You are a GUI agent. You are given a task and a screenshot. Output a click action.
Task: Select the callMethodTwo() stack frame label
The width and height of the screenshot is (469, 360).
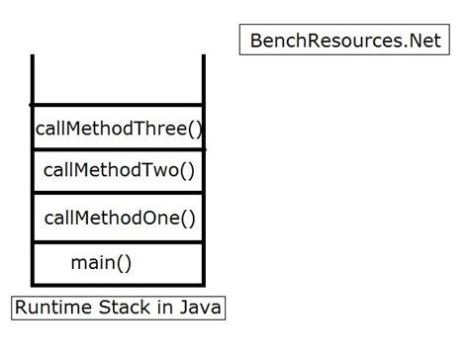pos(119,171)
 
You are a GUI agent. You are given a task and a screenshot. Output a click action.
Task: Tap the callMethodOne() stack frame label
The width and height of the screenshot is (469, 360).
pos(120,218)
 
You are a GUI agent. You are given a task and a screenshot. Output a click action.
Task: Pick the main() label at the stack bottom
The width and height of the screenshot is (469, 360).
pos(101,263)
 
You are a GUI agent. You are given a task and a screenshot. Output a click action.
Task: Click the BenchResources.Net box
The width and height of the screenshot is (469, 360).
pos(343,41)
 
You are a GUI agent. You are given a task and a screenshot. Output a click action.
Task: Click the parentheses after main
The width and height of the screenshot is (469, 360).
pos(124,263)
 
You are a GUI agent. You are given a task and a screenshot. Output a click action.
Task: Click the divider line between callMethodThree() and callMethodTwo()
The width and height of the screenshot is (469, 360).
pos(119,149)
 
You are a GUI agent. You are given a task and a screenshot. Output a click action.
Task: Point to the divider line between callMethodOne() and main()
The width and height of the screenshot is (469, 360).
pos(119,240)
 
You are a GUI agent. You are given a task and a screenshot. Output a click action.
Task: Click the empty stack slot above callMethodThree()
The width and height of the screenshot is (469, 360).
pos(119,79)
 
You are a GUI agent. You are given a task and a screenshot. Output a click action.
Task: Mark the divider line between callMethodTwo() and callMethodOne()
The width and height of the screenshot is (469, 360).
pos(119,194)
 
